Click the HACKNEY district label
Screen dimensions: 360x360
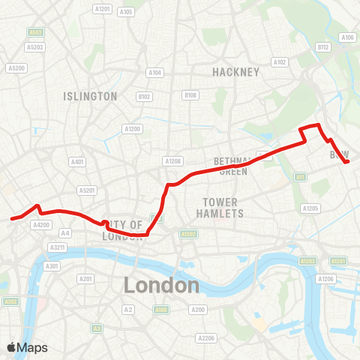pos(235,72)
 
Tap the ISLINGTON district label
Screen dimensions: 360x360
pos(91,96)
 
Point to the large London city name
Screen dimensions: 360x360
pos(161,285)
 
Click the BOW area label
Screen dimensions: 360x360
pos(340,154)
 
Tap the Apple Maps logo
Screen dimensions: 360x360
pos(28,347)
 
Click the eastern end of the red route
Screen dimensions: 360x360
pos(347,161)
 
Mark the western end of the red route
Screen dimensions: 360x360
pos(12,219)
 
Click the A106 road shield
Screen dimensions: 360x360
pos(346,37)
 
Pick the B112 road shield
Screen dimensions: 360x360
pos(323,46)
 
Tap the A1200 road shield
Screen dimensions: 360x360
pos(133,129)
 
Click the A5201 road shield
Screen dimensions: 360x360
pos(88,190)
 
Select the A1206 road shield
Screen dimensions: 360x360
pos(325,278)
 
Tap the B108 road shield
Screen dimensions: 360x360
pos(190,95)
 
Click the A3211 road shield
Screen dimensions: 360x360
pos(57,247)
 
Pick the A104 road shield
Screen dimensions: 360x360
pos(154,72)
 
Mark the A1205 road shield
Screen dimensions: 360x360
pos(310,208)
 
